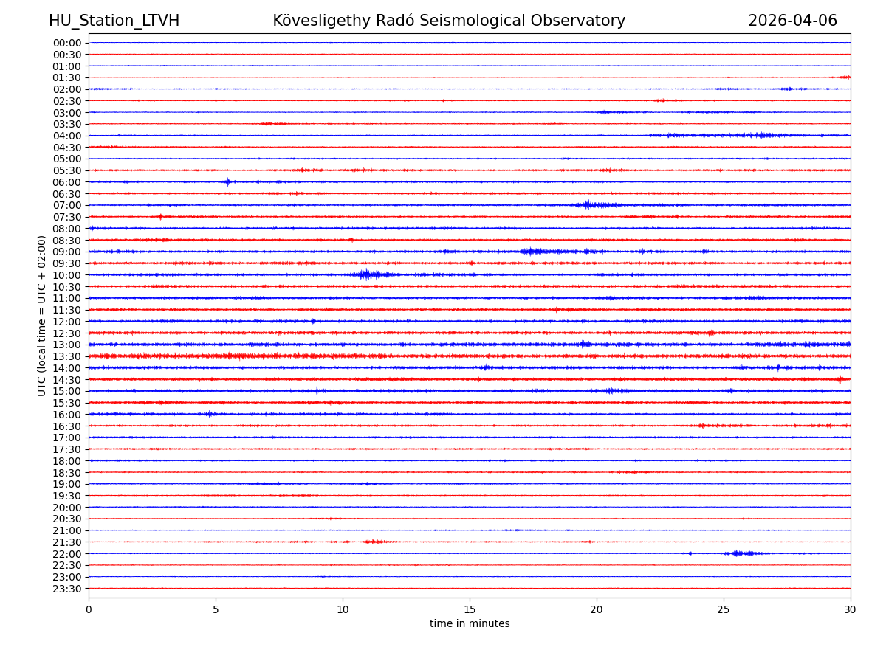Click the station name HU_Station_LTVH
pyautogui.click(x=114, y=21)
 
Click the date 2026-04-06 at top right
pyautogui.click(x=792, y=21)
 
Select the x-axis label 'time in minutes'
pyautogui.click(x=470, y=623)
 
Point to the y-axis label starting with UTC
pyautogui.click(x=42, y=315)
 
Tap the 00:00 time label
pyautogui.click(x=67, y=43)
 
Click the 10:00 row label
pyautogui.click(x=67, y=275)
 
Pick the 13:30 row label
pyautogui.click(x=67, y=356)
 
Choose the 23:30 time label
pyautogui.click(x=67, y=589)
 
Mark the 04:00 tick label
pyautogui.click(x=67, y=136)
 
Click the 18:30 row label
pyautogui.click(x=67, y=472)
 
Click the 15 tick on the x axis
pyautogui.click(x=470, y=609)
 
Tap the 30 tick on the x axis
pyautogui.click(x=851, y=609)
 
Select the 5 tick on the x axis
pyautogui.click(x=216, y=609)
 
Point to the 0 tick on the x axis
pyautogui.click(x=89, y=609)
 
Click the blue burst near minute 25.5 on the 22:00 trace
pyautogui.click(x=738, y=553)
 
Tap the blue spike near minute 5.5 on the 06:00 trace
pyautogui.click(x=227, y=181)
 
